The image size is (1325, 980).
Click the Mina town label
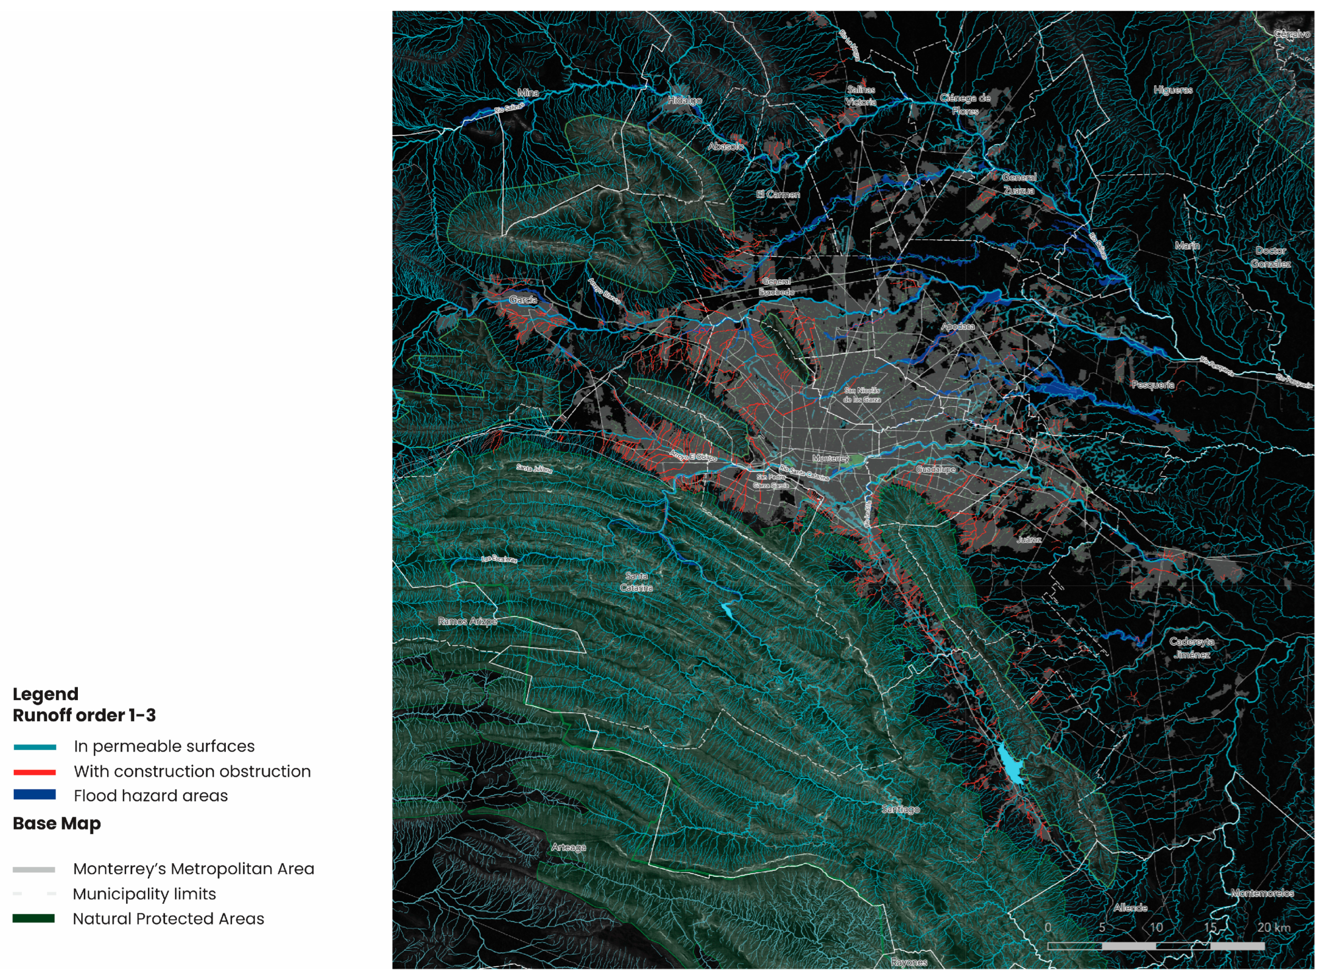(528, 92)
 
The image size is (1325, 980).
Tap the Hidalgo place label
(685, 100)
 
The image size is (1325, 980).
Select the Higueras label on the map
(1173, 90)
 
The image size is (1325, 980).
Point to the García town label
(523, 300)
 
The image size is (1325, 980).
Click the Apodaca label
(957, 327)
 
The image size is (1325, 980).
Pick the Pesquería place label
(1152, 384)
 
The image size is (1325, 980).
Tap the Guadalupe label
(935, 469)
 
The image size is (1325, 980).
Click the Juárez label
(1029, 540)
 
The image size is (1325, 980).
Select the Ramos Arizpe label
(467, 621)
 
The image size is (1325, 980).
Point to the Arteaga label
(568, 847)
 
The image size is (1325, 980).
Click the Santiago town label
(900, 809)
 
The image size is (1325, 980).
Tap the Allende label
(1130, 907)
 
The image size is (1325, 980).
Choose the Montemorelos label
(1262, 893)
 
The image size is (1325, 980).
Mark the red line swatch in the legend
(35, 772)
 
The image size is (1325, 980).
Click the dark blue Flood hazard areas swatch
(35, 795)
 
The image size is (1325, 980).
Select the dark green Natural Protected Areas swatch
(34, 918)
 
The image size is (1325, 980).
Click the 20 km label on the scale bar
(1273, 927)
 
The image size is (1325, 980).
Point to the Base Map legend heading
(57, 823)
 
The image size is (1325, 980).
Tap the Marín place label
(1187, 246)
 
